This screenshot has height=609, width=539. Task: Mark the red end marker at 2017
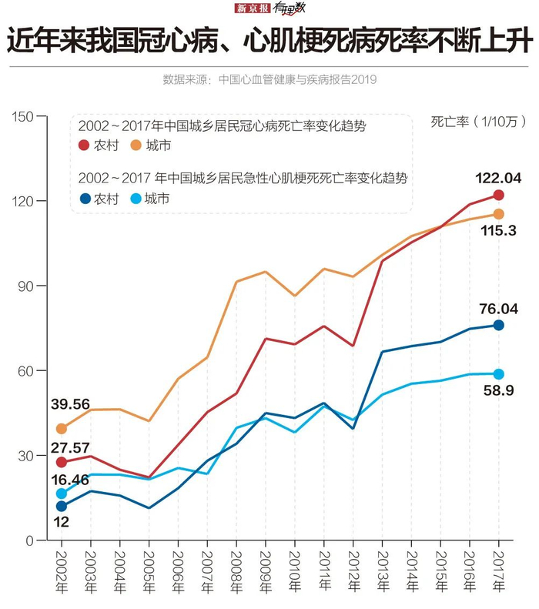498,195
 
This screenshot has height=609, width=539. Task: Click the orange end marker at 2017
498,213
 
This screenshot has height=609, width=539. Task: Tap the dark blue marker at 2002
62,507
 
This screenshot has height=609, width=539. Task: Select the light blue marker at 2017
498,374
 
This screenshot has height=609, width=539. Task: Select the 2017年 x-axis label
498,571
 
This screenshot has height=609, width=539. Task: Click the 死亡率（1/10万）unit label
477,121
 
